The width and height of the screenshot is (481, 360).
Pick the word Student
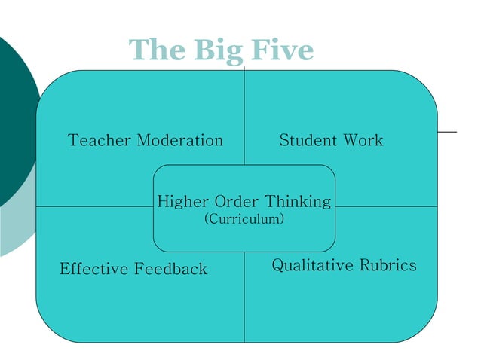coord(308,140)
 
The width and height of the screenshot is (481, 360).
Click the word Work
coord(363,140)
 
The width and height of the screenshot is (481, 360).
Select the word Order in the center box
coord(237,202)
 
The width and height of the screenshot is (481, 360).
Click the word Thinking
coord(298,202)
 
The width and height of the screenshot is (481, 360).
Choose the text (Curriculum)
coord(244,219)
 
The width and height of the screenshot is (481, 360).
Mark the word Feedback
coord(171,269)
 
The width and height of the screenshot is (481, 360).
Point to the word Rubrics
coord(388,265)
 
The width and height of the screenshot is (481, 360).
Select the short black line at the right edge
coord(448,132)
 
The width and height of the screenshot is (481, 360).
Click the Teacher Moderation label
coord(146,140)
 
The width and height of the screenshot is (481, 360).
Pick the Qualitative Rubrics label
coord(344,266)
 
